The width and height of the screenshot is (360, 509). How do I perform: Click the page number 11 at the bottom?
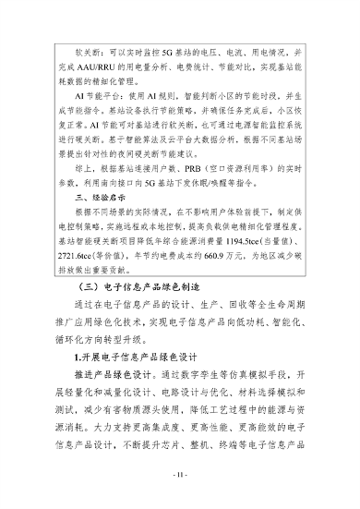pyautogui.click(x=180, y=475)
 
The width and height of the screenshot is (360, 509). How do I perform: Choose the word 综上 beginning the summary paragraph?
pyautogui.click(x=91, y=172)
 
